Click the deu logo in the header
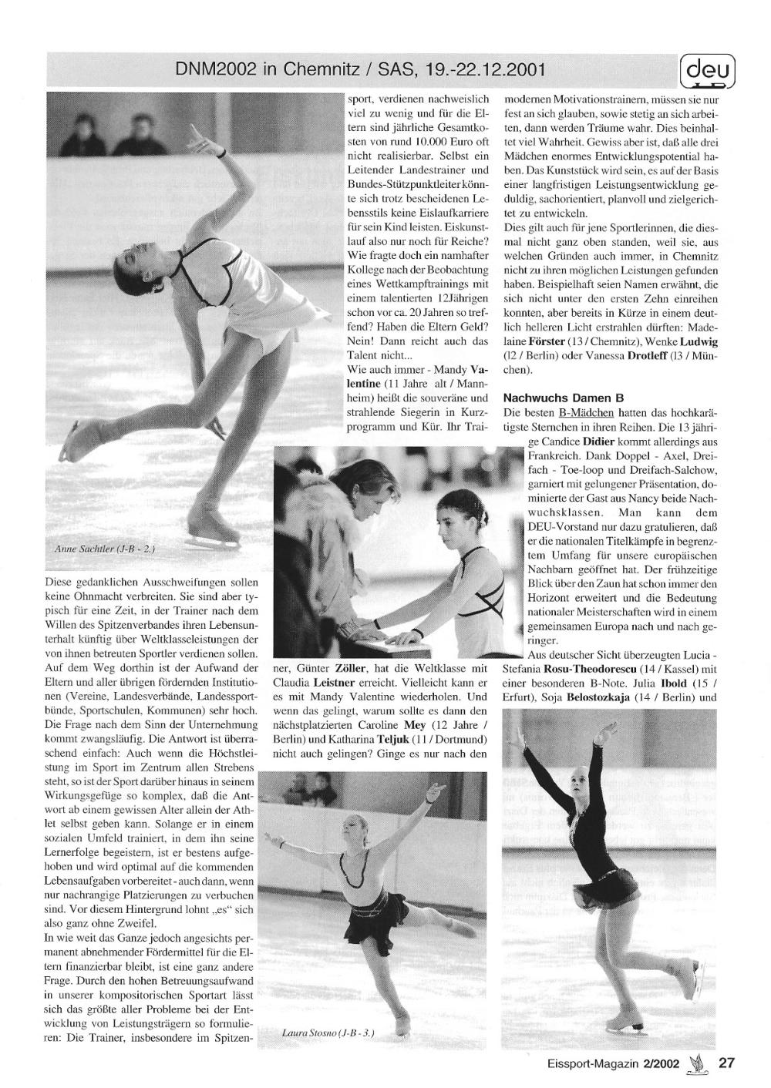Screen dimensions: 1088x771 pos(707,71)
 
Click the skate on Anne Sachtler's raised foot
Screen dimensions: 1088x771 pos(80,439)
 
